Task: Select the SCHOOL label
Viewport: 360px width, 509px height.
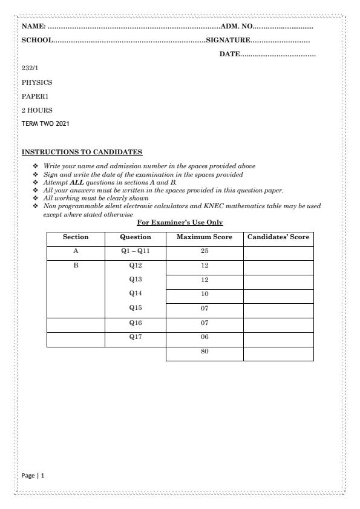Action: click(x=37, y=40)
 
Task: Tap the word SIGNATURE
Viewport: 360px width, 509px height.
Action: click(x=228, y=40)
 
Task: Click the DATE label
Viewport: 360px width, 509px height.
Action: click(x=229, y=55)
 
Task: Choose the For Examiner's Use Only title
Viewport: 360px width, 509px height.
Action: click(x=180, y=222)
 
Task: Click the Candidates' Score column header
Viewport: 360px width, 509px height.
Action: click(x=278, y=237)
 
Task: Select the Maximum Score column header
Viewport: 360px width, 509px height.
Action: click(x=204, y=237)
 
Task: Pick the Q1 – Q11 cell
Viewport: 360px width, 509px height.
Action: click(x=136, y=251)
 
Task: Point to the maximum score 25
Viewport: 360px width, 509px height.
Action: click(x=204, y=251)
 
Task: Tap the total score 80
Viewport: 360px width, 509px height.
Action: click(x=204, y=352)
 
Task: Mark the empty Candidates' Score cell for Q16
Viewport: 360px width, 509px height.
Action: click(x=278, y=324)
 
